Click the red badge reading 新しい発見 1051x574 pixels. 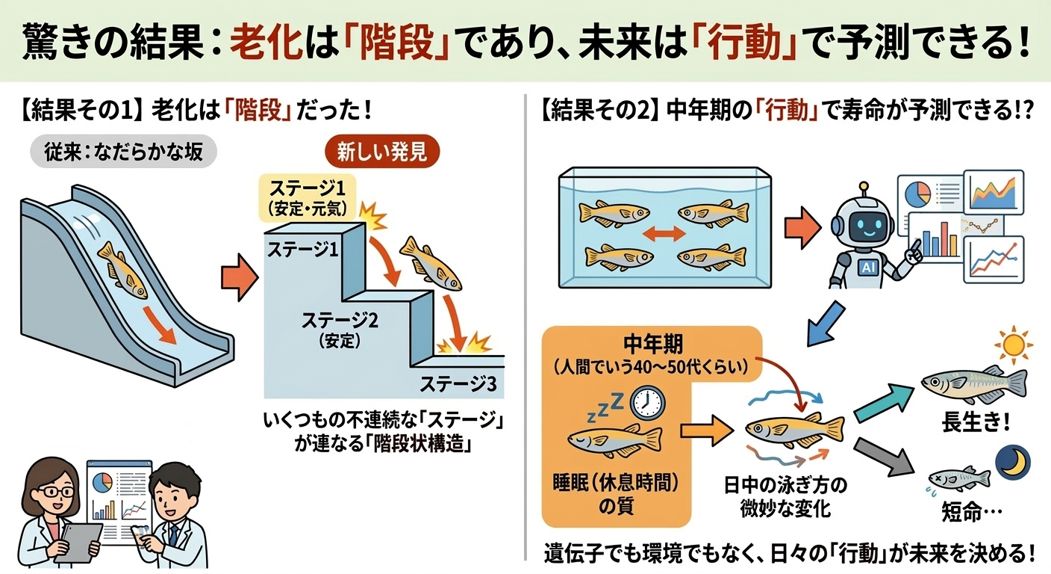pyautogui.click(x=381, y=153)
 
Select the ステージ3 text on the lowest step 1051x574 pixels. pyautogui.click(x=458, y=385)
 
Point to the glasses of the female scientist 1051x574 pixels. pyautogui.click(x=55, y=493)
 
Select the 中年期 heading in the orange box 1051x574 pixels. pyautogui.click(x=652, y=345)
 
